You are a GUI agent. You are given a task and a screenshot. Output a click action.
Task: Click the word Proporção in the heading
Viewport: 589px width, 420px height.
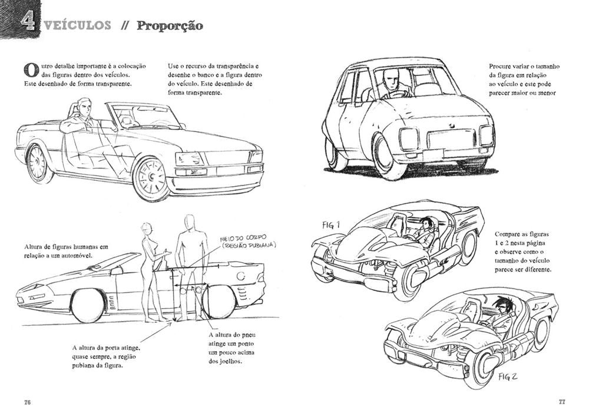click(170, 26)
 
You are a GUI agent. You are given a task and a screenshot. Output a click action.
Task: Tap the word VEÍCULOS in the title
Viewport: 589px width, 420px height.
click(77, 25)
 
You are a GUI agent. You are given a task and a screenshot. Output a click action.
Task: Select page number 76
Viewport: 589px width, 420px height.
click(27, 402)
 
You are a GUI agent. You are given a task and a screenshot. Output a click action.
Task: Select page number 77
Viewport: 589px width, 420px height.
click(561, 402)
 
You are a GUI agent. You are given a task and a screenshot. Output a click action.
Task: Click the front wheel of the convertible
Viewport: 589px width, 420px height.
click(150, 178)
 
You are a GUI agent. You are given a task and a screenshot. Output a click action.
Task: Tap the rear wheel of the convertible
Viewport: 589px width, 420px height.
click(38, 163)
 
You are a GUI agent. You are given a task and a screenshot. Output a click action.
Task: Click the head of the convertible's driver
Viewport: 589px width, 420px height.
click(84, 108)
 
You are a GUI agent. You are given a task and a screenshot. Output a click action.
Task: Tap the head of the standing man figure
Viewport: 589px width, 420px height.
click(189, 223)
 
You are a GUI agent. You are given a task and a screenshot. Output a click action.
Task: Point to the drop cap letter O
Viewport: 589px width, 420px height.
click(31, 69)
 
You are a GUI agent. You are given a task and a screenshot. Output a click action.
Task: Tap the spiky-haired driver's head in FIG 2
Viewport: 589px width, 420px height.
click(501, 306)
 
